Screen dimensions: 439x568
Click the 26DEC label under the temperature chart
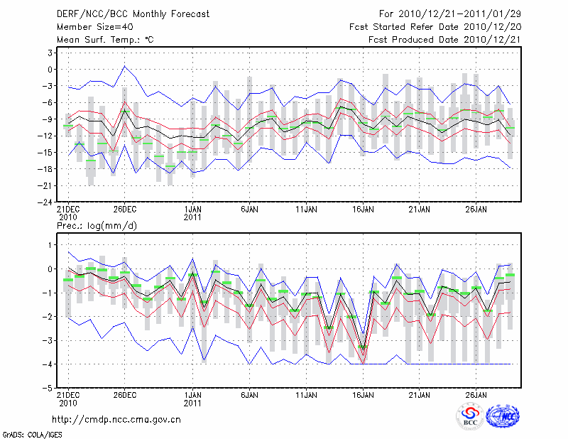point(124,210)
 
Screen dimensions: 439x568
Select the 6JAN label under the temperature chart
point(248,210)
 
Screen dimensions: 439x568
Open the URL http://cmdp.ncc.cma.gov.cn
point(116,420)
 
